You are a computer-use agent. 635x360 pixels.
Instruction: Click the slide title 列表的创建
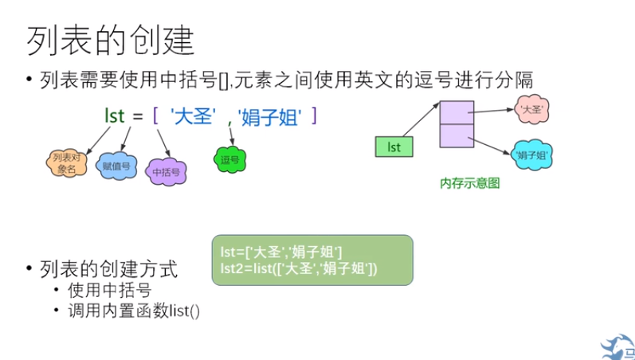[x=111, y=39]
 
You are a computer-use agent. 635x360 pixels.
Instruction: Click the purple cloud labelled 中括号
[x=165, y=170]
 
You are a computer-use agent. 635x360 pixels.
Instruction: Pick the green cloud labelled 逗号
[x=229, y=160]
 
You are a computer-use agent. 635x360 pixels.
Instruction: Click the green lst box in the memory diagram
[x=393, y=147]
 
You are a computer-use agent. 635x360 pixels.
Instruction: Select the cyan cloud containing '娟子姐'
[x=531, y=155]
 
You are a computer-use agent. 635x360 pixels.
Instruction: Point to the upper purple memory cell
[x=457, y=112]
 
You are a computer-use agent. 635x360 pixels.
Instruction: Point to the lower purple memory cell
[x=457, y=136]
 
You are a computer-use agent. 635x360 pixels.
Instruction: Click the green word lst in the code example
[x=115, y=115]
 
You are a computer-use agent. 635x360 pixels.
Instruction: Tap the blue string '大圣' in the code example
[x=193, y=116]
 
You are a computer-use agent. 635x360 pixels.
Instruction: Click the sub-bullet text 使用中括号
[x=109, y=290]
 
